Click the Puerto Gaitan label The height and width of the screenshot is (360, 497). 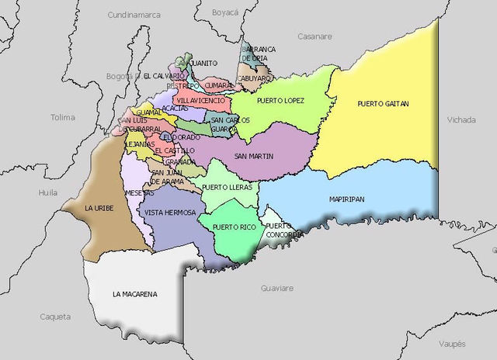pyautogui.click(x=383, y=103)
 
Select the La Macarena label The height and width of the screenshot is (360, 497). pyautogui.click(x=134, y=294)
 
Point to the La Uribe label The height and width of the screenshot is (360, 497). pyautogui.click(x=99, y=209)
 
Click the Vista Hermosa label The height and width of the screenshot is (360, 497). pyautogui.click(x=169, y=212)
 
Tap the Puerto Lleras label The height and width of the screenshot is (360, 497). pyautogui.click(x=225, y=187)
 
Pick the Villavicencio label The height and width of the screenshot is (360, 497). pyautogui.click(x=201, y=101)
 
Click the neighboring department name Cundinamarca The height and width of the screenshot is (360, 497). pyautogui.click(x=133, y=15)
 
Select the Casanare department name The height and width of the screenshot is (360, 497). pyautogui.click(x=314, y=36)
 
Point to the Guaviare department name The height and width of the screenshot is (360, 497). pyautogui.click(x=277, y=288)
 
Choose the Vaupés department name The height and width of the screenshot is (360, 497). pyautogui.click(x=451, y=343)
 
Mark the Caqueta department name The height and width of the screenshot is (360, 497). pyautogui.click(x=56, y=317)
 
